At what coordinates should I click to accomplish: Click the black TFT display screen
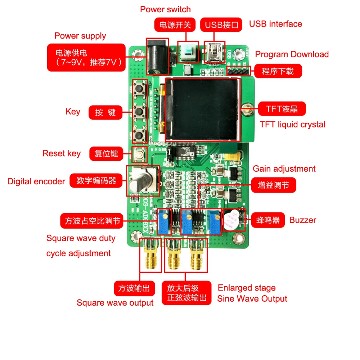tap(202, 110)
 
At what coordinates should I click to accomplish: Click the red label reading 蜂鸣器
tap(268, 220)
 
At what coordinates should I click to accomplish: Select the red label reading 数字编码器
tap(96, 180)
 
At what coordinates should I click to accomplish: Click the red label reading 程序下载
tap(278, 71)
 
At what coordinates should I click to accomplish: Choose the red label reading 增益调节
tap(274, 185)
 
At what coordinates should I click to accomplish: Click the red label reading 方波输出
tap(134, 288)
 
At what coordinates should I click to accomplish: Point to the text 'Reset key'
tap(62, 153)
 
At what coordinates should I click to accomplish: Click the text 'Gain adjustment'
tap(284, 169)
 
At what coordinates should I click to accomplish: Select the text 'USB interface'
tap(275, 24)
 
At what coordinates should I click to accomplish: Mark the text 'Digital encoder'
tap(36, 181)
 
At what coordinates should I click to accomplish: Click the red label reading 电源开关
tap(175, 25)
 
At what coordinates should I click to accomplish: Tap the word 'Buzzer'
tap(303, 220)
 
